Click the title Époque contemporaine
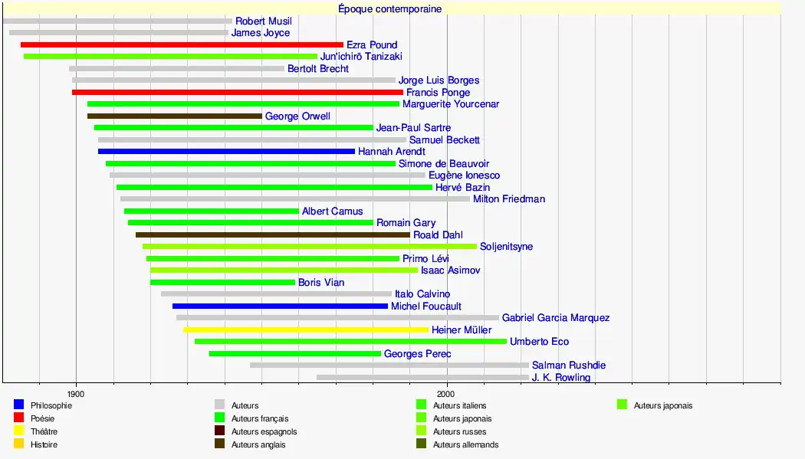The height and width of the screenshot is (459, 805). click(x=389, y=9)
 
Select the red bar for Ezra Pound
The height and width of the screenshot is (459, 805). click(x=182, y=45)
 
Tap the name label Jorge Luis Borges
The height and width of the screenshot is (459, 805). click(x=439, y=80)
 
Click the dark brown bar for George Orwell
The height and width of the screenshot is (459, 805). click(x=174, y=116)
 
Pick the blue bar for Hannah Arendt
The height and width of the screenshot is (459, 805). click(x=226, y=152)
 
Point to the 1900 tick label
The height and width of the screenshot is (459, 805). click(x=75, y=392)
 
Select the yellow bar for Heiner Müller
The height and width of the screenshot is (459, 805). click(x=306, y=330)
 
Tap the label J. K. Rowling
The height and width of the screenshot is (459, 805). click(x=560, y=378)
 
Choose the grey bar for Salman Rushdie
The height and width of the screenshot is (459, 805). click(x=389, y=366)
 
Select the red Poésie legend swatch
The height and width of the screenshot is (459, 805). click(x=19, y=418)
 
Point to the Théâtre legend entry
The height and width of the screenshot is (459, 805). click(x=44, y=431)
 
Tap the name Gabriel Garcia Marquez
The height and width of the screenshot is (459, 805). click(x=556, y=318)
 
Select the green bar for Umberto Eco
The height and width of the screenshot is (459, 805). click(x=350, y=342)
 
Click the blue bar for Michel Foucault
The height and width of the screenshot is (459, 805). click(x=280, y=307)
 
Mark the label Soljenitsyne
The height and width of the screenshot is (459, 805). click(x=506, y=247)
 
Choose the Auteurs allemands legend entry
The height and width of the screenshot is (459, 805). click(x=465, y=444)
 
